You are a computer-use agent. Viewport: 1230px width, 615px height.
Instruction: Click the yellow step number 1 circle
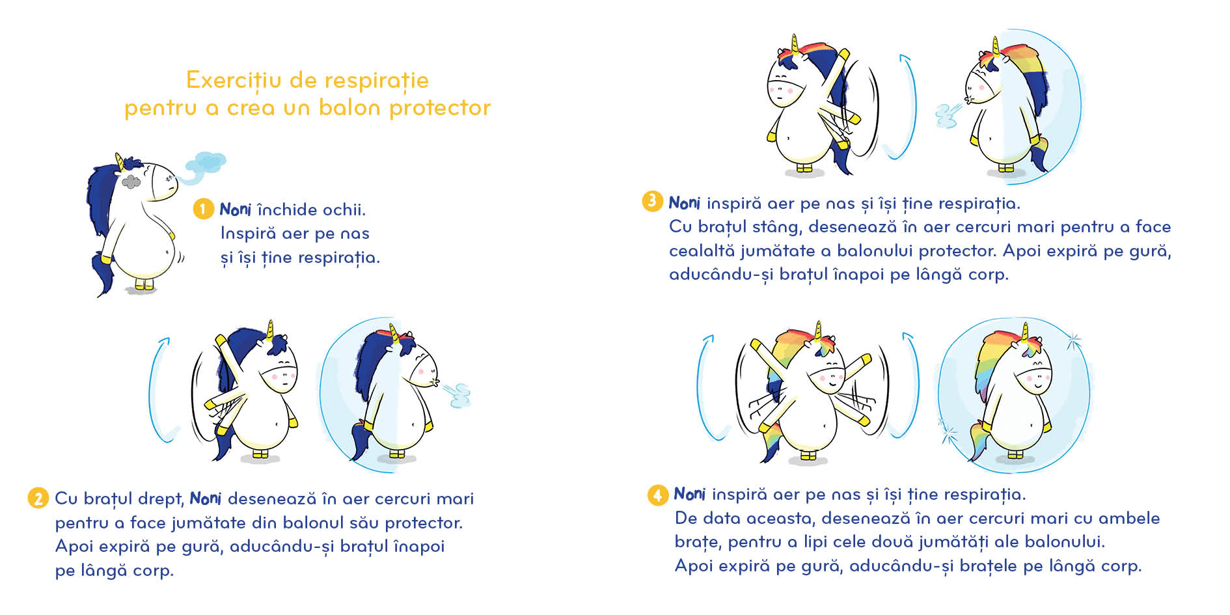pyautogui.click(x=203, y=209)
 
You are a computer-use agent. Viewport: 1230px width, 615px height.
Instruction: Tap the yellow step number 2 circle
pyautogui.click(x=38, y=499)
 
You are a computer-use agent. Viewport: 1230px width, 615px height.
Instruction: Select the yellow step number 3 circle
pyautogui.click(x=651, y=201)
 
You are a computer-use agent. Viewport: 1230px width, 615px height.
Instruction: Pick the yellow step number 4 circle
pyautogui.click(x=657, y=495)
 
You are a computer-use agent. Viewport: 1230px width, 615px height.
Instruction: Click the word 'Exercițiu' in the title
pyautogui.click(x=234, y=81)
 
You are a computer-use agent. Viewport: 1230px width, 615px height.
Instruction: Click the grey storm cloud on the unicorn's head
pyautogui.click(x=131, y=182)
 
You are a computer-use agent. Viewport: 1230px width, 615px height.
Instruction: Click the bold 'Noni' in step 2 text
pyautogui.click(x=206, y=499)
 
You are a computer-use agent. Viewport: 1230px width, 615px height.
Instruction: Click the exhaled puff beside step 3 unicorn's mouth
pyautogui.click(x=948, y=115)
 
